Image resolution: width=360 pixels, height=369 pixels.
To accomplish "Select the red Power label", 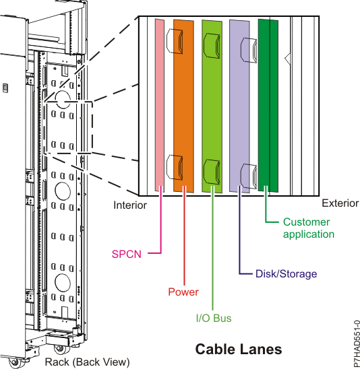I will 183,292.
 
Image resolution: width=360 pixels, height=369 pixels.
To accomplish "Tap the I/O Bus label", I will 213,317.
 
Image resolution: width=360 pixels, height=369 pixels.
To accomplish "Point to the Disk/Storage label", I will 286,274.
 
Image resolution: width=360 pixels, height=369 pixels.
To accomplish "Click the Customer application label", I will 308,228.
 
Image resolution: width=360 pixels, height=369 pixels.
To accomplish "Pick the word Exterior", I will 340,203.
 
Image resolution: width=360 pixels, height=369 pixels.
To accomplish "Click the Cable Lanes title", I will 238,349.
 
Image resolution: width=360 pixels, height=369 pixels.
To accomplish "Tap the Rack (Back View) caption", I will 87,362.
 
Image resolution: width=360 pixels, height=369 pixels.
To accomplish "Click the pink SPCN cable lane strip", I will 160,101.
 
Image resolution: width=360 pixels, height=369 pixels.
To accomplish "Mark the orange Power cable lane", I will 183,101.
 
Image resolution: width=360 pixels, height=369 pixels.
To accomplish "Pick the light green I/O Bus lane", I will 212,101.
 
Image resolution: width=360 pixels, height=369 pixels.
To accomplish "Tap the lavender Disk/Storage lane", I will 240,101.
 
